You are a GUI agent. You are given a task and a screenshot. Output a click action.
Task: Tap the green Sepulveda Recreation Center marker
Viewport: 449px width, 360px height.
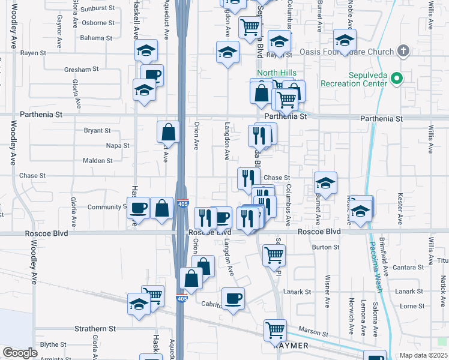[396, 78]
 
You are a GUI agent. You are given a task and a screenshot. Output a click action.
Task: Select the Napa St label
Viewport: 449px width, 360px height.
[117, 146]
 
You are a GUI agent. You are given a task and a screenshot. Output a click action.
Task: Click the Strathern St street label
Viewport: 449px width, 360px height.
[95, 329]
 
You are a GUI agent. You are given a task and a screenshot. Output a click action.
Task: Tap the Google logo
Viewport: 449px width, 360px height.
[20, 353]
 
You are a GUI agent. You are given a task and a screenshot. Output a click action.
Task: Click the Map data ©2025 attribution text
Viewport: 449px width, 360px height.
[423, 355]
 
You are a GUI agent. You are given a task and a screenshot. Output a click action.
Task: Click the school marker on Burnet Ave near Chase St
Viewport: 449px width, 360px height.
[325, 182]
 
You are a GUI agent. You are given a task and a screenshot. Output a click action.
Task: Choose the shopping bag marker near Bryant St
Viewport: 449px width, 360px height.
[169, 131]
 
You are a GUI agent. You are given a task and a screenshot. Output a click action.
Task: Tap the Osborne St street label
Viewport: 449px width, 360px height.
[98, 23]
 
